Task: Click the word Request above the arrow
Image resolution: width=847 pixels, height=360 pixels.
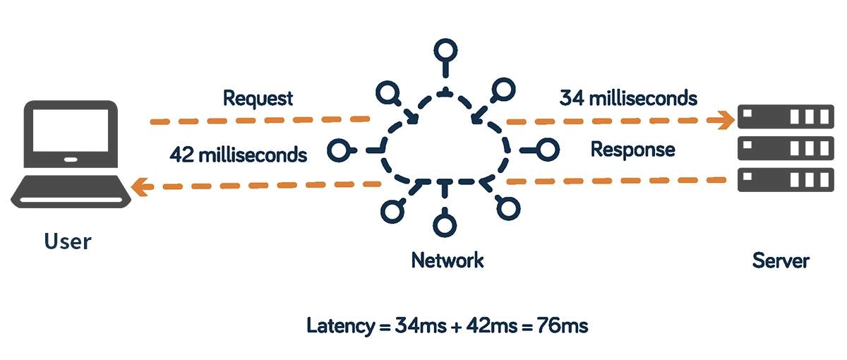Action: (x=258, y=98)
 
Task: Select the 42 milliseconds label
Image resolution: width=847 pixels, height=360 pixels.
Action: (x=239, y=155)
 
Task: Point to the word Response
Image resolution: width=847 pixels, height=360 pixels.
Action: (x=632, y=150)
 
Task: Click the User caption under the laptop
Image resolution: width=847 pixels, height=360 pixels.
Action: (x=68, y=241)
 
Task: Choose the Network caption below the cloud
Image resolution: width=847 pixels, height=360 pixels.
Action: (x=447, y=260)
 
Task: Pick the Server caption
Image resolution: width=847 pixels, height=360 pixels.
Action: (x=781, y=260)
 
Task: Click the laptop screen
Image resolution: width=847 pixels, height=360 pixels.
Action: (x=68, y=136)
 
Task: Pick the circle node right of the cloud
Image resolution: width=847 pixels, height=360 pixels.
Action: (x=548, y=149)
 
